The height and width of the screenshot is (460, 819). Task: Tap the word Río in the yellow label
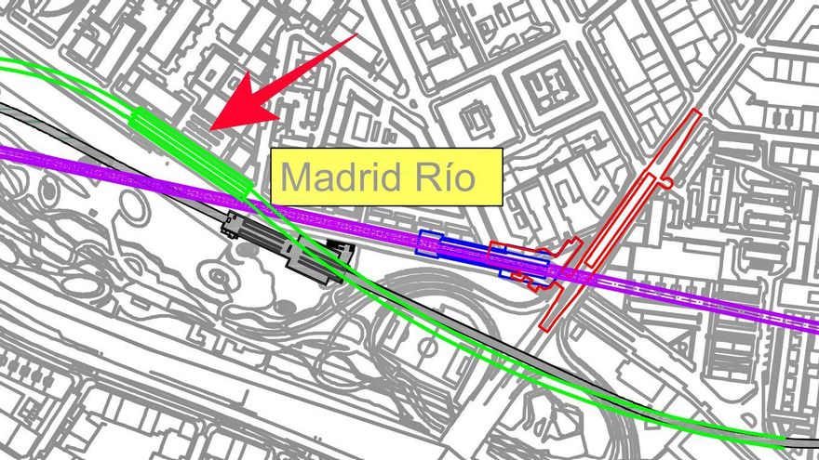point(447,177)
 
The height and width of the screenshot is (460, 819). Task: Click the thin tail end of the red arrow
point(356,37)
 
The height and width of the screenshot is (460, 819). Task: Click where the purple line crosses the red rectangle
point(582,274)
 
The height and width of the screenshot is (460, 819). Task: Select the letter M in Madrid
point(295,177)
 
